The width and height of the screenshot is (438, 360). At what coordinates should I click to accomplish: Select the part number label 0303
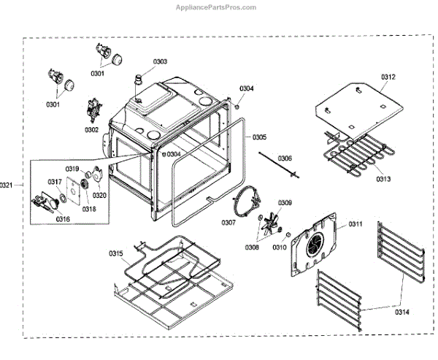coord(160,62)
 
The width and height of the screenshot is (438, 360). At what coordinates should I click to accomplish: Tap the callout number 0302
coord(91,130)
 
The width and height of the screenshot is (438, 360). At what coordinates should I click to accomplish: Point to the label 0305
coord(260,137)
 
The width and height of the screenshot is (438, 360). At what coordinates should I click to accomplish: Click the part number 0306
coord(285,158)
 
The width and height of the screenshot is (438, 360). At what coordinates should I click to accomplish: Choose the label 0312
coord(388,77)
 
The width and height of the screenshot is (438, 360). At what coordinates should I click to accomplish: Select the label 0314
coord(401,312)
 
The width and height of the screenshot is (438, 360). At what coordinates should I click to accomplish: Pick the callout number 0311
coord(356,223)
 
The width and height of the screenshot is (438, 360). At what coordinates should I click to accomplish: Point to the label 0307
coord(229,223)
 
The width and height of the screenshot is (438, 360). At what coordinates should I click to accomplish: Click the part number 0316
coord(64,218)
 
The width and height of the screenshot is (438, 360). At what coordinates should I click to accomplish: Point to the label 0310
coord(280,248)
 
